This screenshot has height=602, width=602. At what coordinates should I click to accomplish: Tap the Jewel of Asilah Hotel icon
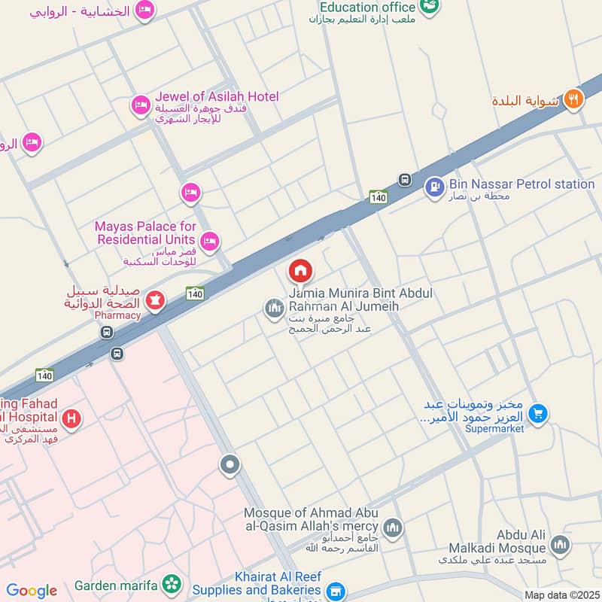pyautogui.click(x=140, y=105)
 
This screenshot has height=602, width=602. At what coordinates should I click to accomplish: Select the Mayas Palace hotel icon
pyautogui.click(x=210, y=241)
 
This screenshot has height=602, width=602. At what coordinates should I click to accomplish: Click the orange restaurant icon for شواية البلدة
pyautogui.click(x=573, y=99)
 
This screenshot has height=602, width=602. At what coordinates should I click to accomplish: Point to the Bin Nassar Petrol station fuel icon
pyautogui.click(x=434, y=187)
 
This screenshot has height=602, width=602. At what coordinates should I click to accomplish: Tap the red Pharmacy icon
pyautogui.click(x=156, y=301)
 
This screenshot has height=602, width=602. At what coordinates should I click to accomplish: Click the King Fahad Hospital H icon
pyautogui.click(x=71, y=418)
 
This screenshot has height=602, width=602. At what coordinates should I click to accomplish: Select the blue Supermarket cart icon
pyautogui.click(x=537, y=412)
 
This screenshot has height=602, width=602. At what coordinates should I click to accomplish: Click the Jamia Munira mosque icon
pyautogui.click(x=273, y=307)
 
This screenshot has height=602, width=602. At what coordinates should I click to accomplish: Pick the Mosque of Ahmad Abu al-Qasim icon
pyautogui.click(x=392, y=528)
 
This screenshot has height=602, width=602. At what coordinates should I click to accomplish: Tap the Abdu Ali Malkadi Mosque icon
pyautogui.click(x=560, y=544)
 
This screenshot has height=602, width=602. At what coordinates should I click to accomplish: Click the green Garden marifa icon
pyautogui.click(x=172, y=584)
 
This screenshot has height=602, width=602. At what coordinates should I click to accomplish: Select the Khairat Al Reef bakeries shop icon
pyautogui.click(x=337, y=591)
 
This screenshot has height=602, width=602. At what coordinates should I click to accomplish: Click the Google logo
pyautogui.click(x=31, y=591)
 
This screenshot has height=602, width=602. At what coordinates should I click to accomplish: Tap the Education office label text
pyautogui.click(x=367, y=7)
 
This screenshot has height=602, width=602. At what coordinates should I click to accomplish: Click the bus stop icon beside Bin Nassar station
pyautogui.click(x=405, y=180)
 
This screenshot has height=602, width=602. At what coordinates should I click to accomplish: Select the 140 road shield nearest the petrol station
pyautogui.click(x=379, y=197)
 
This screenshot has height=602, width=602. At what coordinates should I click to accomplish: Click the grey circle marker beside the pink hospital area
pyautogui.click(x=230, y=465)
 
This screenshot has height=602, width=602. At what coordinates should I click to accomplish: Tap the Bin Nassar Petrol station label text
pyautogui.click(x=521, y=184)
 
